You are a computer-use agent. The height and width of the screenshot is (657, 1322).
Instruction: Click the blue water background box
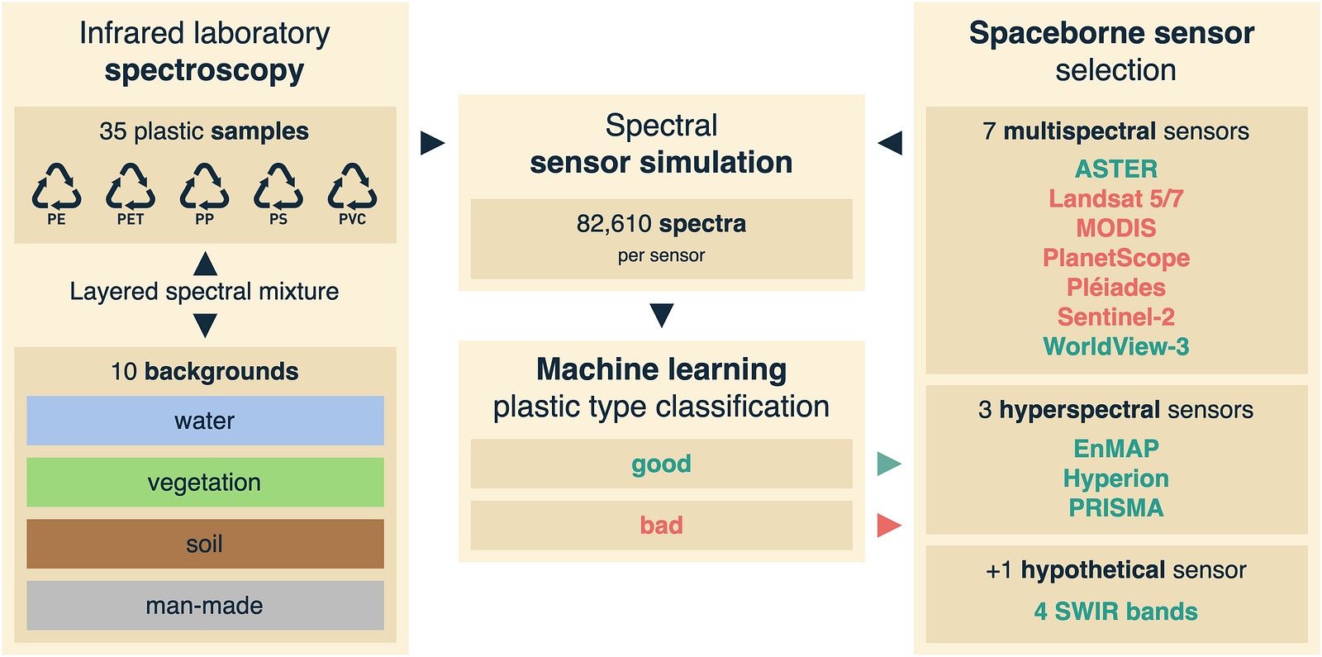coord(205,421)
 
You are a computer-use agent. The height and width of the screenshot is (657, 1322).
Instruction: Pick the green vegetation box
coord(205,482)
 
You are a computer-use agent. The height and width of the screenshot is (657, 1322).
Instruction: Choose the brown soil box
coord(205,544)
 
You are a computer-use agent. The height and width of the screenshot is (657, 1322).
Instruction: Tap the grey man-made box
coord(205,605)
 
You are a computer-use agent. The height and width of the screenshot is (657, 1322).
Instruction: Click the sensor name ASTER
coord(1116,169)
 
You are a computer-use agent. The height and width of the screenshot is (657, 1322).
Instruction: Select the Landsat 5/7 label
coord(1116,198)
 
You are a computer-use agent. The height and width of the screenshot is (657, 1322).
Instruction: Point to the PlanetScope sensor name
coord(1116,258)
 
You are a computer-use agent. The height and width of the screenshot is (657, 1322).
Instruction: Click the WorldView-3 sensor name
coord(1116,346)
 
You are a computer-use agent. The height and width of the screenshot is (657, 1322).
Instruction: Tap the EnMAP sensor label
coord(1116,449)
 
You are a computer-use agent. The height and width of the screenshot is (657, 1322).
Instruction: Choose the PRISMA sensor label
coord(1116,507)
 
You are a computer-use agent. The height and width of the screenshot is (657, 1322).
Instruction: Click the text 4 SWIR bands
coord(1116,612)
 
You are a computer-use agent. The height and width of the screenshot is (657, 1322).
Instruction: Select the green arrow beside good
coord(889,464)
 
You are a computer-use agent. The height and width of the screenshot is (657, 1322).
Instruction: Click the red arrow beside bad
coord(889,526)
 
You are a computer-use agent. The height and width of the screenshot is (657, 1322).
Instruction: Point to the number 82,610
coord(614,224)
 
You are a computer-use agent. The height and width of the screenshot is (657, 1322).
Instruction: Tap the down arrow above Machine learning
coord(662,315)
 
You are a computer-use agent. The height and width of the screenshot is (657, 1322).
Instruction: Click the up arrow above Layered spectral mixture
coord(205,264)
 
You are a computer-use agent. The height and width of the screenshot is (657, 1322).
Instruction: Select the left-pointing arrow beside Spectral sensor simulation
coord(890,143)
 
